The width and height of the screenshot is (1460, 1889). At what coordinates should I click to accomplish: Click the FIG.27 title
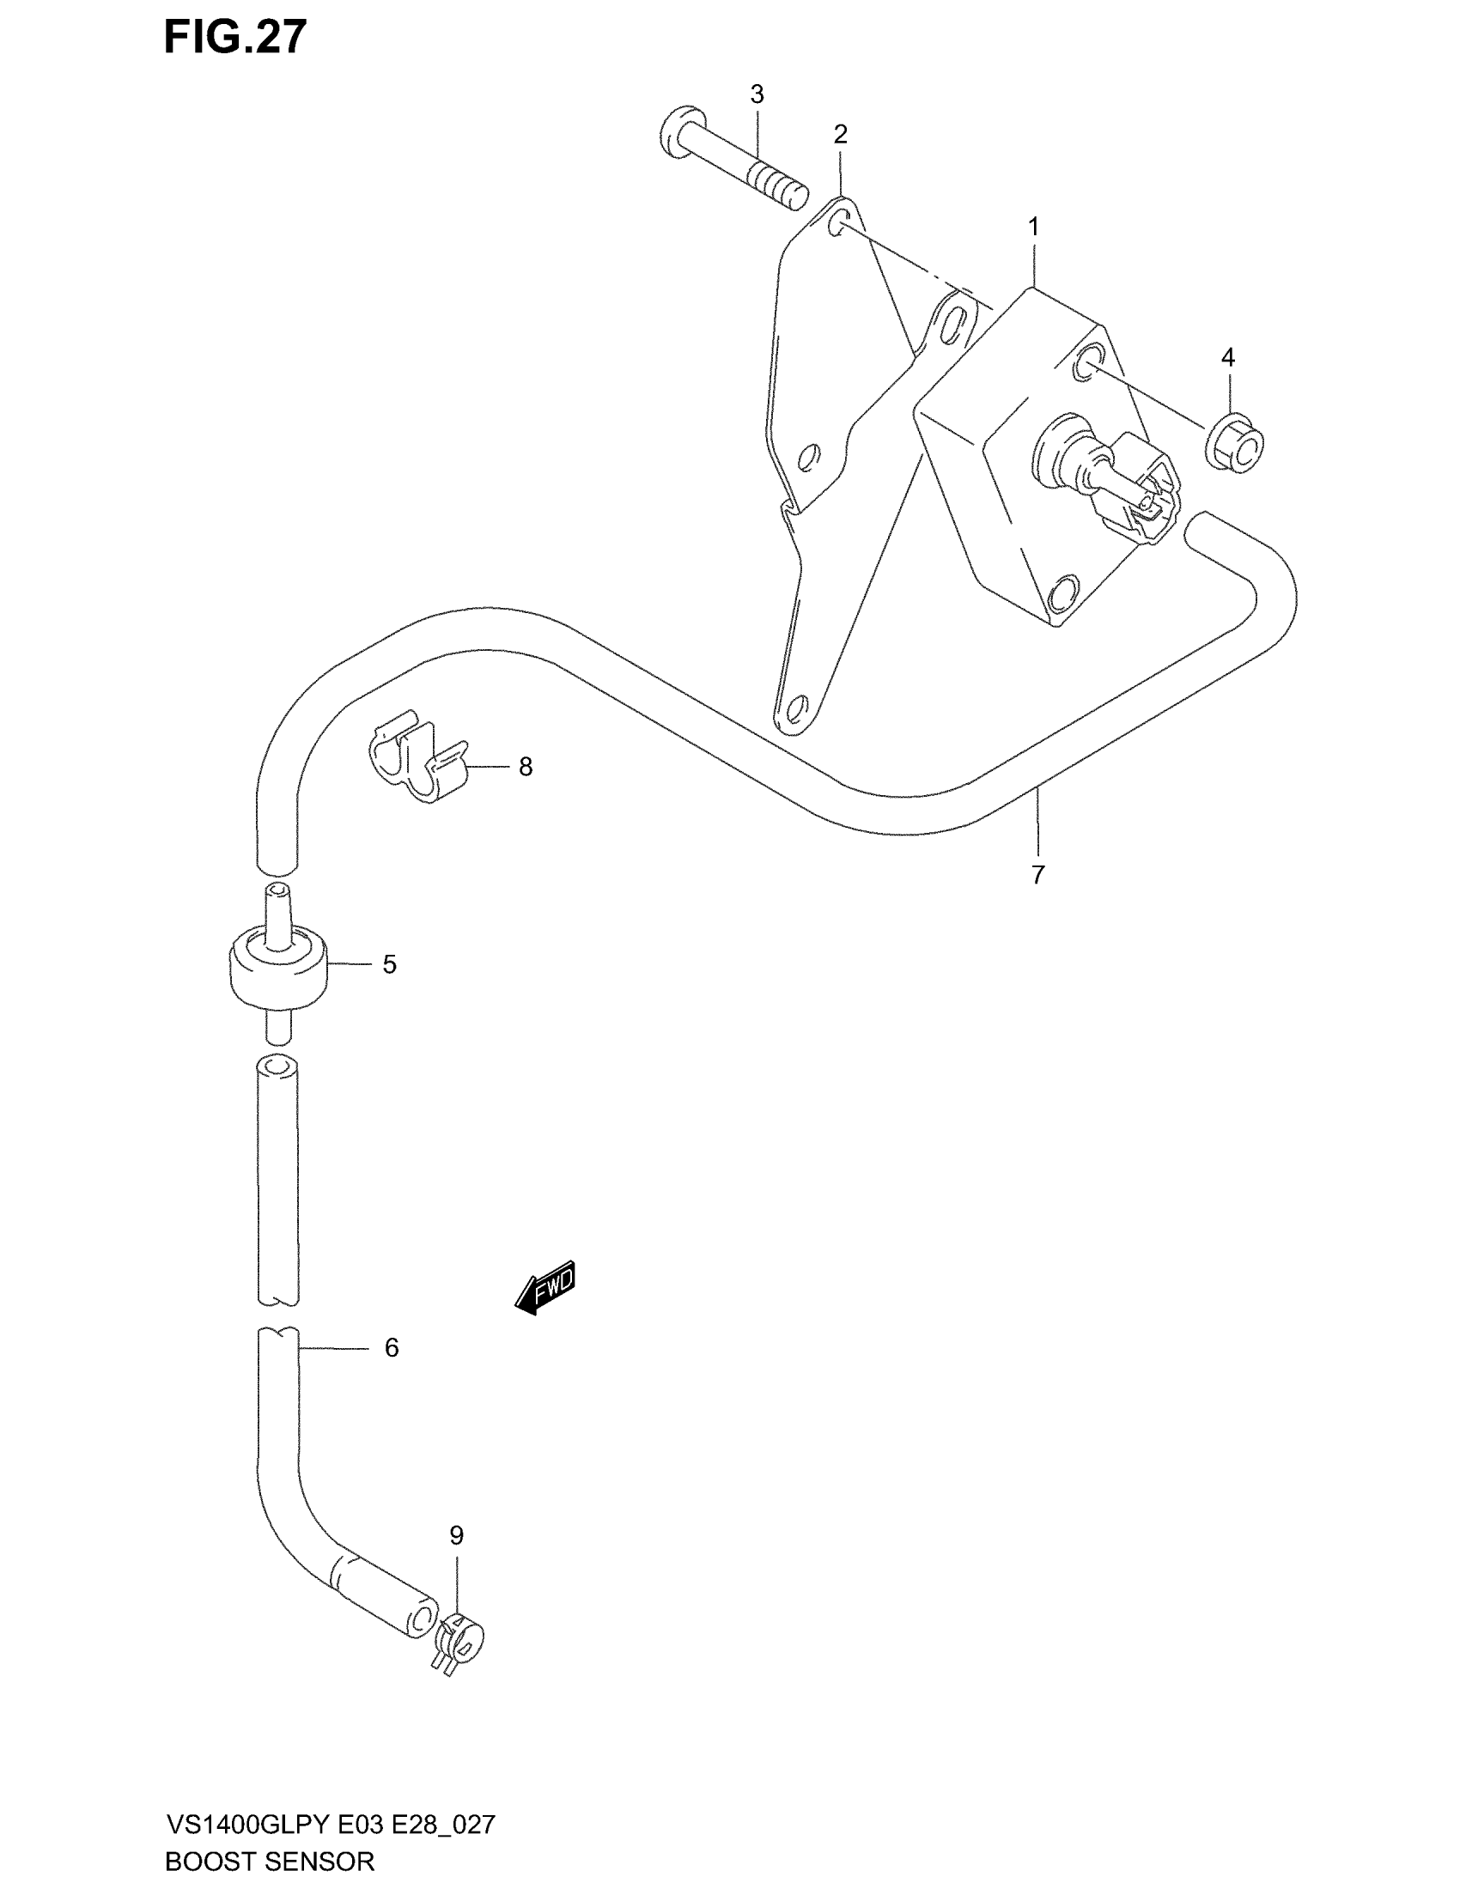tap(235, 37)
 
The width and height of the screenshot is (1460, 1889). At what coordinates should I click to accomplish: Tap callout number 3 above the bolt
tap(757, 94)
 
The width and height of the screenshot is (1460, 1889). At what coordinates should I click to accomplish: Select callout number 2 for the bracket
tap(840, 134)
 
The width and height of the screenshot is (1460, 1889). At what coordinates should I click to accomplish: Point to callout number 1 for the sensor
tap(1032, 227)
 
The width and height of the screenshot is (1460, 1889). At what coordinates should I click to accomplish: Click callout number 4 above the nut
tap(1227, 357)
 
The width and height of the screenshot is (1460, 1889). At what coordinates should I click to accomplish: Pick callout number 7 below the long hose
tap(1038, 874)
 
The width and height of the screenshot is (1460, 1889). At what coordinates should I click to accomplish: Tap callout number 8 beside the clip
tap(525, 766)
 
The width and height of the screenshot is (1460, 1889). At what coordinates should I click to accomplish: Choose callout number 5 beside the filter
tap(389, 964)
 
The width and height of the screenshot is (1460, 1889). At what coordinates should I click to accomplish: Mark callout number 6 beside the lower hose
tap(391, 1347)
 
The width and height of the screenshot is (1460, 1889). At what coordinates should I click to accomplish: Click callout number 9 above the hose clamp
tap(457, 1535)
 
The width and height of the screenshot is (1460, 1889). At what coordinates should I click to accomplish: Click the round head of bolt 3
tap(683, 132)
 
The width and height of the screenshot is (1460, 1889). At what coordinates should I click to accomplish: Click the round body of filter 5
tap(278, 969)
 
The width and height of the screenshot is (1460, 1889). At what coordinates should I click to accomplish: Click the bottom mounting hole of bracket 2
tap(796, 707)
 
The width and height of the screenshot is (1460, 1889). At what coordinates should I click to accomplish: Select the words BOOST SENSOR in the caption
tap(269, 1862)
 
